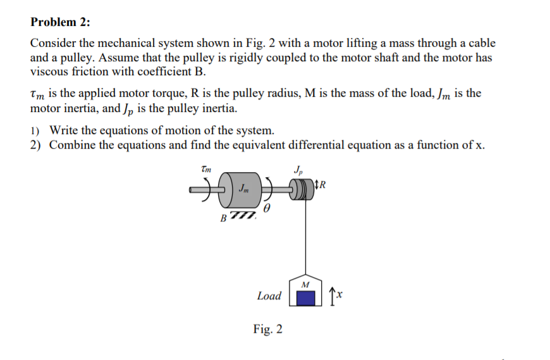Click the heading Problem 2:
(60, 22)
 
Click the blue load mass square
(306, 296)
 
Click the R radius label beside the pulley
(324, 185)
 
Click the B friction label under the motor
(223, 219)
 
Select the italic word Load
(269, 295)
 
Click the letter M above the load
(306, 283)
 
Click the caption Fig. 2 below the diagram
(268, 329)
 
